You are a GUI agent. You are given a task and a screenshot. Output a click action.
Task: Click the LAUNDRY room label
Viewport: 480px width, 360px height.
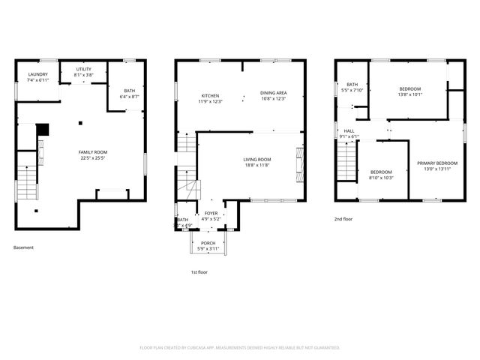[x=37, y=74]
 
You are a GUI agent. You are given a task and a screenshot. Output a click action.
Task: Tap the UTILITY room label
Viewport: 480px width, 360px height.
[x=83, y=69]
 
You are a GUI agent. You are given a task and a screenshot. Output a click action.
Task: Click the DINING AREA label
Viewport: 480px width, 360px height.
[x=274, y=93]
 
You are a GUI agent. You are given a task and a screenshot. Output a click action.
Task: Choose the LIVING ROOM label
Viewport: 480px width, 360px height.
[x=256, y=159]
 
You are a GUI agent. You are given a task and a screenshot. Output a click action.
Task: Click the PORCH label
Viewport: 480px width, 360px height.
[x=208, y=243]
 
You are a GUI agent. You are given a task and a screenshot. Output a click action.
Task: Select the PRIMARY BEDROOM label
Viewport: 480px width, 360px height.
[x=437, y=163]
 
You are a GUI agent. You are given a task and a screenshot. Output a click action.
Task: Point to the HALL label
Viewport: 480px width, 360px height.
[x=349, y=130]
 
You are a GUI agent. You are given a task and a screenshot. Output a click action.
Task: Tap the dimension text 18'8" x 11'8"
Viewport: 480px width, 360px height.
[x=256, y=165]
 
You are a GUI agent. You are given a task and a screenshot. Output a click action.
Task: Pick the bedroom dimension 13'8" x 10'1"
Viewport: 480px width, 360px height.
[x=410, y=94]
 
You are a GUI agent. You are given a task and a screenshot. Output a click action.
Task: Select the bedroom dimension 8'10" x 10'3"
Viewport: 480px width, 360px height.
[x=381, y=178]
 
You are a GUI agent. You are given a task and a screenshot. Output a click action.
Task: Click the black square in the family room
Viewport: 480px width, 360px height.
[x=43, y=129]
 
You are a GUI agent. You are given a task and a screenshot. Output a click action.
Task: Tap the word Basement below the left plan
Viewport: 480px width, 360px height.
[x=23, y=247]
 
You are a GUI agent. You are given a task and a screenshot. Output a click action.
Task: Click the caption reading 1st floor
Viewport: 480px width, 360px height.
[x=199, y=273]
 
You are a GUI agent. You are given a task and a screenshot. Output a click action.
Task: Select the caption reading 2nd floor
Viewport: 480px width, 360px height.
[x=343, y=219]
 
